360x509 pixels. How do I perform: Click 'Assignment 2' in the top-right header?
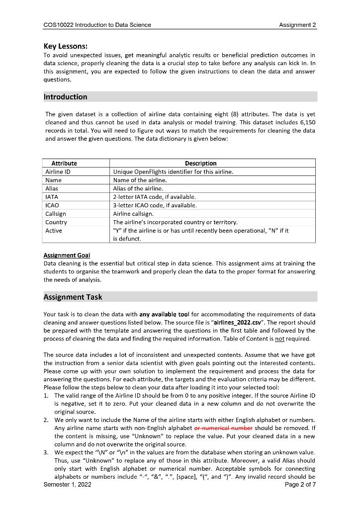click(298, 25)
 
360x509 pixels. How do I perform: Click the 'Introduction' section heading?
click(65, 97)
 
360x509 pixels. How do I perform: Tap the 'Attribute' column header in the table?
click(64, 163)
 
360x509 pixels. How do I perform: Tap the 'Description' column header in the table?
click(200, 163)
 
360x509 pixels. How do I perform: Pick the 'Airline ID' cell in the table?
click(58, 171)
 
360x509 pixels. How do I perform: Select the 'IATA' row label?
click(52, 197)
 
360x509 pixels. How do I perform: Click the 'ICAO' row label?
click(52, 205)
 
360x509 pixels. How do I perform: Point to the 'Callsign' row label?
click(56, 214)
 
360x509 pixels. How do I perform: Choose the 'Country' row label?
click(56, 222)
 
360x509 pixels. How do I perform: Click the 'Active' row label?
click(54, 231)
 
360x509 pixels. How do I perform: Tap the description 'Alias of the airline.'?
click(138, 188)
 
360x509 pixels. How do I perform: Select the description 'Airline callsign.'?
click(134, 214)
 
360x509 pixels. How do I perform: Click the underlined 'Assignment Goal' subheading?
click(67, 255)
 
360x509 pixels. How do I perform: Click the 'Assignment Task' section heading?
click(73, 297)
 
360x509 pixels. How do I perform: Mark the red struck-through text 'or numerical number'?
click(223, 428)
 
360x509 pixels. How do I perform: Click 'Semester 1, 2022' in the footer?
click(68, 485)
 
